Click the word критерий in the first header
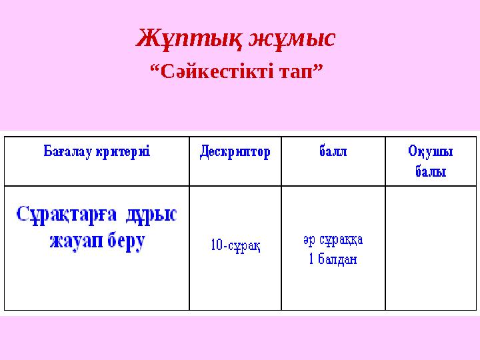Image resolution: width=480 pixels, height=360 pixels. [x=123, y=152]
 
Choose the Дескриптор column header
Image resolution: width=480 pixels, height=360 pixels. [x=235, y=152]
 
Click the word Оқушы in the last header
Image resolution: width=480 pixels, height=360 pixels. [x=431, y=152]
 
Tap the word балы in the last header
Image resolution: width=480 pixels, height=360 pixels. [x=431, y=171]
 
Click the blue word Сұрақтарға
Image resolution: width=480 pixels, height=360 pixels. [x=67, y=216]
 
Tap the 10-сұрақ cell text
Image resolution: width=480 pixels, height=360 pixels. [x=235, y=246]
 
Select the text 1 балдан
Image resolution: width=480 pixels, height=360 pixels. [x=332, y=259]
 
